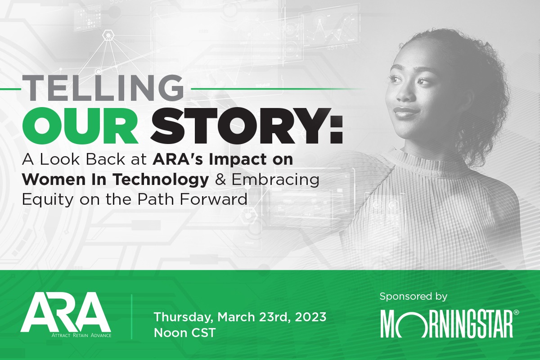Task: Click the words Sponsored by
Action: (x=413, y=297)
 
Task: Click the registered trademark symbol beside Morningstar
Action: (x=516, y=312)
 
